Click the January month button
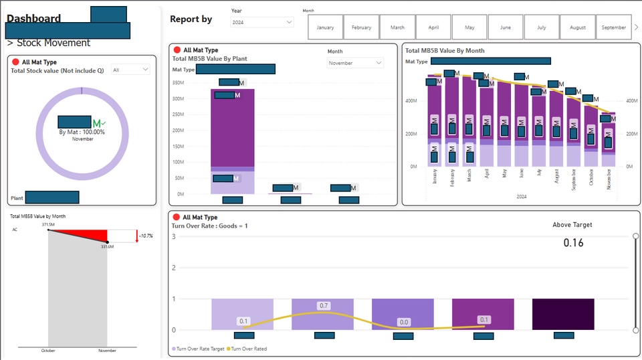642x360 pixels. (x=325, y=27)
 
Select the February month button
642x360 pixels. (x=361, y=27)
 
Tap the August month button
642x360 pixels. (x=578, y=27)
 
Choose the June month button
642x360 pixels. (x=506, y=27)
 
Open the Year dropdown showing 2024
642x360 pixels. (x=261, y=22)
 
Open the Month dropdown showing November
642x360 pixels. (x=355, y=63)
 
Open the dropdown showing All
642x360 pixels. (x=131, y=70)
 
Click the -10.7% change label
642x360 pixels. (x=146, y=236)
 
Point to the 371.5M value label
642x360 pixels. (x=47, y=225)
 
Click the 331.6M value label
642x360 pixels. (x=108, y=247)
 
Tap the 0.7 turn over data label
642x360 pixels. (x=324, y=306)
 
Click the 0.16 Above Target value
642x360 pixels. (x=573, y=243)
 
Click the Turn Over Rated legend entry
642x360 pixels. (x=249, y=349)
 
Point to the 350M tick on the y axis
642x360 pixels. (x=178, y=83)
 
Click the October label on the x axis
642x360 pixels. (x=48, y=351)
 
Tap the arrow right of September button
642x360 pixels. (x=636, y=27)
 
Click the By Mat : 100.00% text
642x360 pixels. (x=82, y=132)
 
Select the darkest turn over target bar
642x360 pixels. (x=563, y=314)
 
